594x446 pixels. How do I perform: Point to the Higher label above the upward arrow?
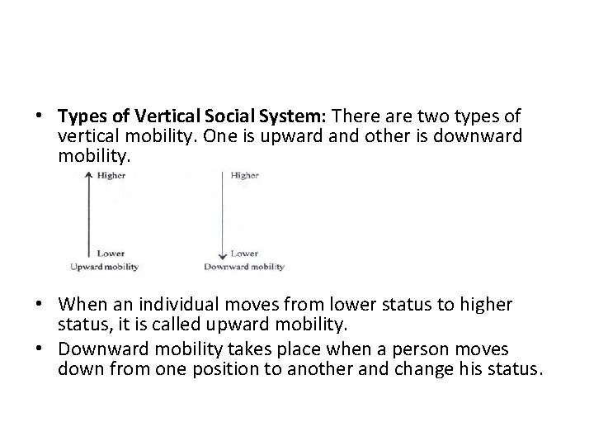click(x=111, y=175)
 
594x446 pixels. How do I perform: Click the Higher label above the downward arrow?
click(x=245, y=175)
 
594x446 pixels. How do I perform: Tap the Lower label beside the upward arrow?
click(x=110, y=253)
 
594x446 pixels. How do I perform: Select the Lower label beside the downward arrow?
click(x=245, y=253)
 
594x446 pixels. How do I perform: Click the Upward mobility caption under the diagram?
click(x=104, y=267)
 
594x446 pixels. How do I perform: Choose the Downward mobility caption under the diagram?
click(x=243, y=267)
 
